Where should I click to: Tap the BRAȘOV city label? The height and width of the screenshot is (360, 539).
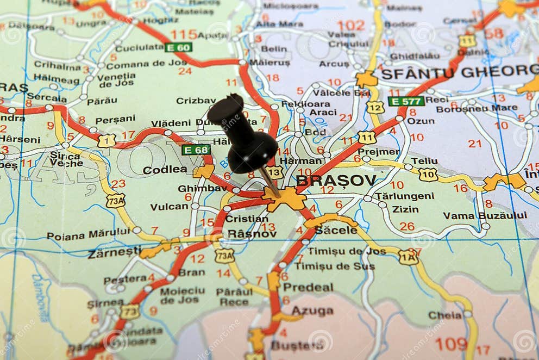[336, 180]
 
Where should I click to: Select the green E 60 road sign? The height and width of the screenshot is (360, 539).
[178, 47]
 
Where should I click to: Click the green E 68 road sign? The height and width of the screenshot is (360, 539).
[196, 150]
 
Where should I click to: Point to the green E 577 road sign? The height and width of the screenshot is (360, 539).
[406, 101]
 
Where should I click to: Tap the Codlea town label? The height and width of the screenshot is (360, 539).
[165, 170]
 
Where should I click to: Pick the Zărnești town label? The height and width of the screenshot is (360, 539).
[114, 252]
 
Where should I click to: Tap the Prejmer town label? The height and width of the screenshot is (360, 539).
[379, 152]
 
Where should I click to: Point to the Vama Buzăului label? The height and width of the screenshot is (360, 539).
[485, 215]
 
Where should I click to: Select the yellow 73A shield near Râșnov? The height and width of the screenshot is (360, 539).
[224, 256]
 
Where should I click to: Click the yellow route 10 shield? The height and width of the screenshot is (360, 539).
[428, 174]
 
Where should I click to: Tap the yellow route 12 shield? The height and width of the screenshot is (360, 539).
[375, 107]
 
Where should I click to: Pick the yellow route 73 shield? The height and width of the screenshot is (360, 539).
[130, 312]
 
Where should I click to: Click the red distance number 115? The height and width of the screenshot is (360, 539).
[184, 34]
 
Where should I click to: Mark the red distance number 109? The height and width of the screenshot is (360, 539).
[451, 344]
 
